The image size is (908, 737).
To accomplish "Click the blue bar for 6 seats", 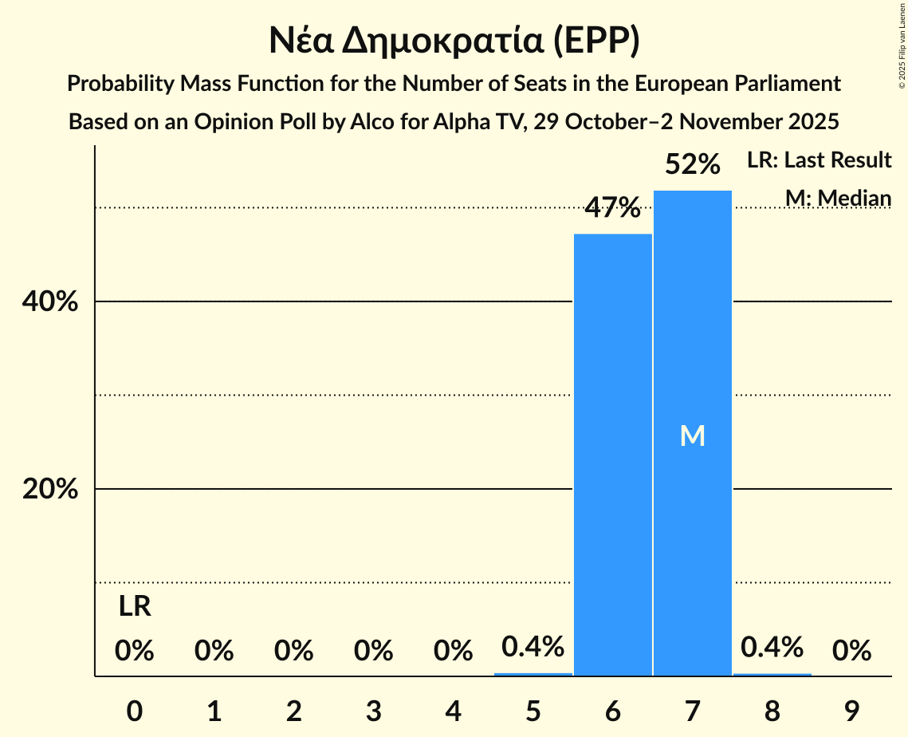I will (x=612, y=455).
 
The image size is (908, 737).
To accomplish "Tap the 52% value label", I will (x=692, y=165).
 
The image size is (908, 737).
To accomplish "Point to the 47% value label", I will (x=612, y=208).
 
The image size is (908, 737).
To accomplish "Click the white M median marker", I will (x=692, y=436).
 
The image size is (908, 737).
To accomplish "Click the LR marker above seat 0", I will (x=135, y=607).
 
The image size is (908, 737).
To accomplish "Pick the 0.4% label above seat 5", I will (x=533, y=647).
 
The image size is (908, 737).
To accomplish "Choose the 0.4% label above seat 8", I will (x=772, y=647).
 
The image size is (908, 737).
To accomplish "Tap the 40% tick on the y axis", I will (x=50, y=302).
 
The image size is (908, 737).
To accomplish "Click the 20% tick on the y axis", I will (x=50, y=489).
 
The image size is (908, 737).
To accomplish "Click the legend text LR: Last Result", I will (x=819, y=160).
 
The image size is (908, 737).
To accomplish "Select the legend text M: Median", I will (x=838, y=197).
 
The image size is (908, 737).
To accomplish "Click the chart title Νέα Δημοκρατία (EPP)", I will (x=454, y=41).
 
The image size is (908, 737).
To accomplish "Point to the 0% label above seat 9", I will (x=851, y=652).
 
